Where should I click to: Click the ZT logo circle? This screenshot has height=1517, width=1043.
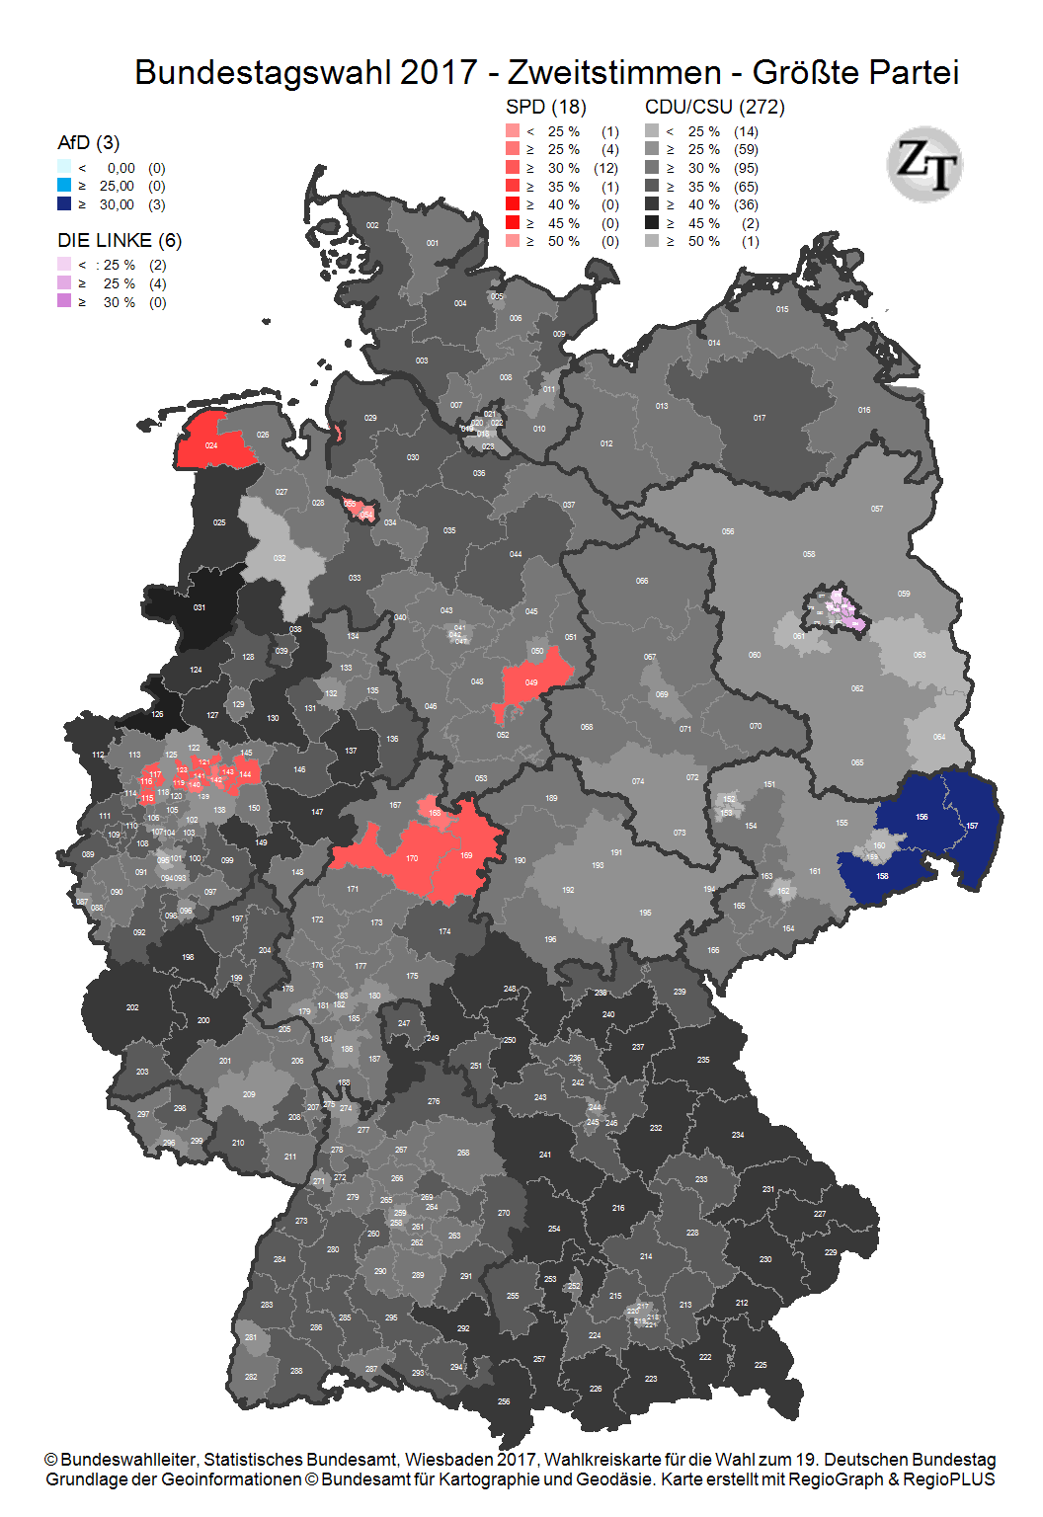tap(924, 164)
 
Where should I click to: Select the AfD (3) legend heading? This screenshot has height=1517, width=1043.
tap(89, 142)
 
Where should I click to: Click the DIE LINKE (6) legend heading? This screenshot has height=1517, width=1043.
tap(120, 240)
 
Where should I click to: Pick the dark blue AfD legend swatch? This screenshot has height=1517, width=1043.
tap(64, 204)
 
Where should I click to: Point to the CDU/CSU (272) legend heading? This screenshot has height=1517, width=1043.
tap(715, 107)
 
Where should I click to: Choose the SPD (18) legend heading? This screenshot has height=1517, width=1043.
tap(546, 107)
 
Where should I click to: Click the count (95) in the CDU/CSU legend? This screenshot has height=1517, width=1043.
tap(746, 168)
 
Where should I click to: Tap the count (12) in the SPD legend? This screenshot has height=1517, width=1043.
tap(606, 168)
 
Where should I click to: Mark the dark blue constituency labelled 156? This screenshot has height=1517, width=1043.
tap(922, 817)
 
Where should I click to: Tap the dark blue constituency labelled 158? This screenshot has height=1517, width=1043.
tap(882, 876)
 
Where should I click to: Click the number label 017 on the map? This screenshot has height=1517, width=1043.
tap(760, 418)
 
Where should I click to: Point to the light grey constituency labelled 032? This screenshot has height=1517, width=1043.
tap(281, 558)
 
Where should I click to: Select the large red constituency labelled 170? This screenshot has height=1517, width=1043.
tap(412, 858)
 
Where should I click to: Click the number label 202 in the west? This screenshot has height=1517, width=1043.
tap(132, 1007)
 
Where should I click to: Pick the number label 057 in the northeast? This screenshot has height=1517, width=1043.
tap(877, 509)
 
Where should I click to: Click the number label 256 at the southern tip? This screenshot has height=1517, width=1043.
tap(504, 1401)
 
